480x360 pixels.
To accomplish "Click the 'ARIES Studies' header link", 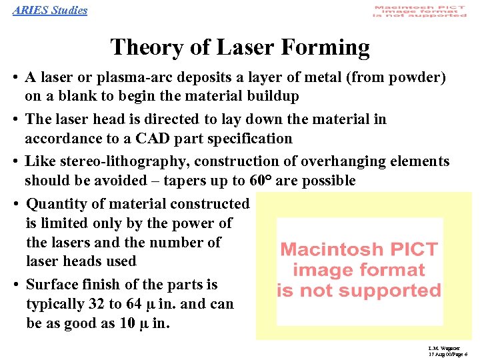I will (x=50, y=10).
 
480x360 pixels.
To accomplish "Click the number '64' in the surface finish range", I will (x=133, y=304).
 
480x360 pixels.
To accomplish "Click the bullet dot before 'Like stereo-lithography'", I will (x=15, y=162).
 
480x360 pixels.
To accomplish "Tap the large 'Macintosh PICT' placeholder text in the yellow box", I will (x=359, y=250).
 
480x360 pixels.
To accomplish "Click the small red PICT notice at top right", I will (x=419, y=12).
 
